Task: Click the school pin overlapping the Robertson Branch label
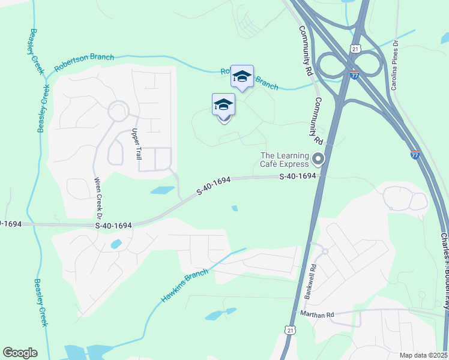tap(242, 76)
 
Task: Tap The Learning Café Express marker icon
tap(318, 159)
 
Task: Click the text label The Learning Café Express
tap(285, 160)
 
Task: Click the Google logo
tap(20, 353)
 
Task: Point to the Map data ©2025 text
tap(423, 355)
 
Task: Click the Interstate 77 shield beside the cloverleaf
tap(355, 75)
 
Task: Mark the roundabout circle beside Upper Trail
tap(118, 112)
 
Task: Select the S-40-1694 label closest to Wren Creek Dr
tap(113, 225)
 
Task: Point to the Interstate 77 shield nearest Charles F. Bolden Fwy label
tap(415, 155)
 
